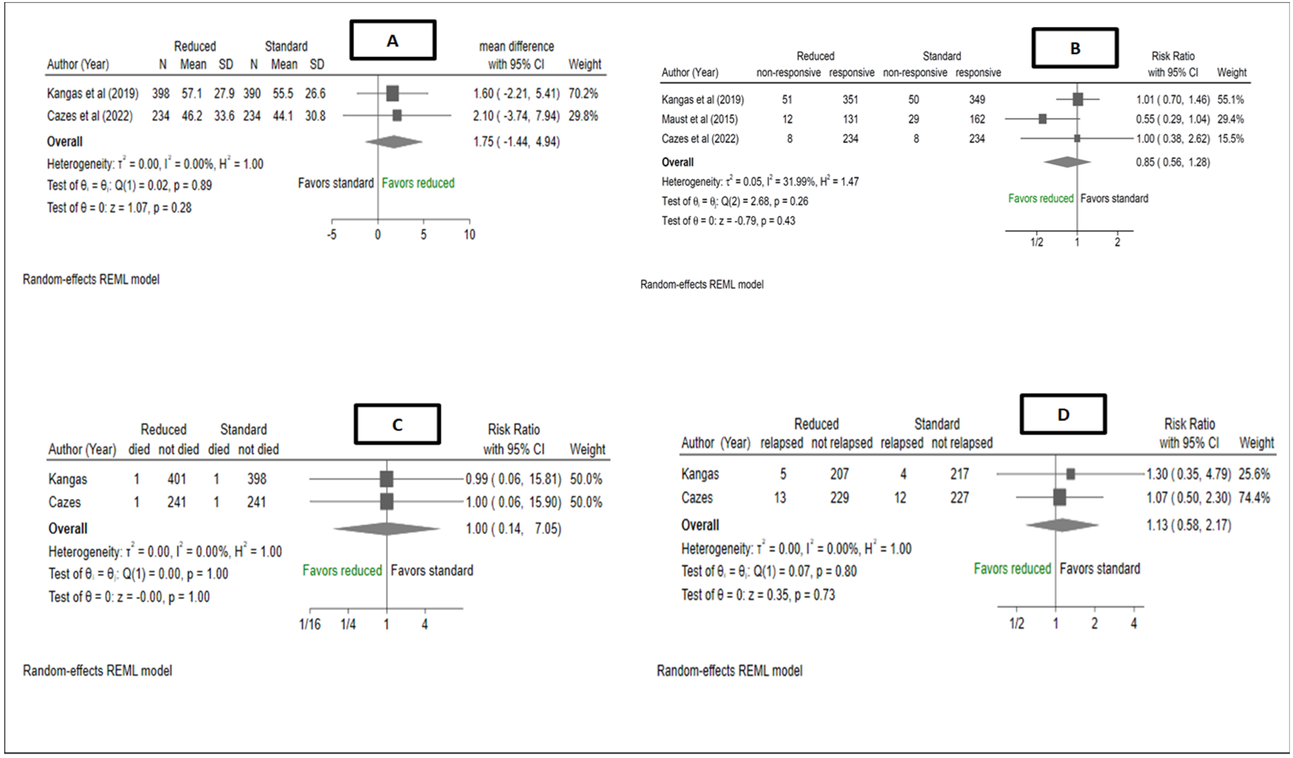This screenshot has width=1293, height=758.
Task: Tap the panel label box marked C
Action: (397, 424)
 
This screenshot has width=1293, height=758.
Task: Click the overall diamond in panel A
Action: (393, 142)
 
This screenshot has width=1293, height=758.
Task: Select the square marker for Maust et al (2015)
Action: (1042, 119)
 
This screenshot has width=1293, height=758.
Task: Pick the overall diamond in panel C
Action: (386, 529)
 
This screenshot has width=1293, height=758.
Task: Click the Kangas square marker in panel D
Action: (1070, 474)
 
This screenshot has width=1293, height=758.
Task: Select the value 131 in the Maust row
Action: (850, 119)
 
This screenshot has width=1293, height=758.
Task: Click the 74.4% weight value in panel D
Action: (1254, 497)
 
